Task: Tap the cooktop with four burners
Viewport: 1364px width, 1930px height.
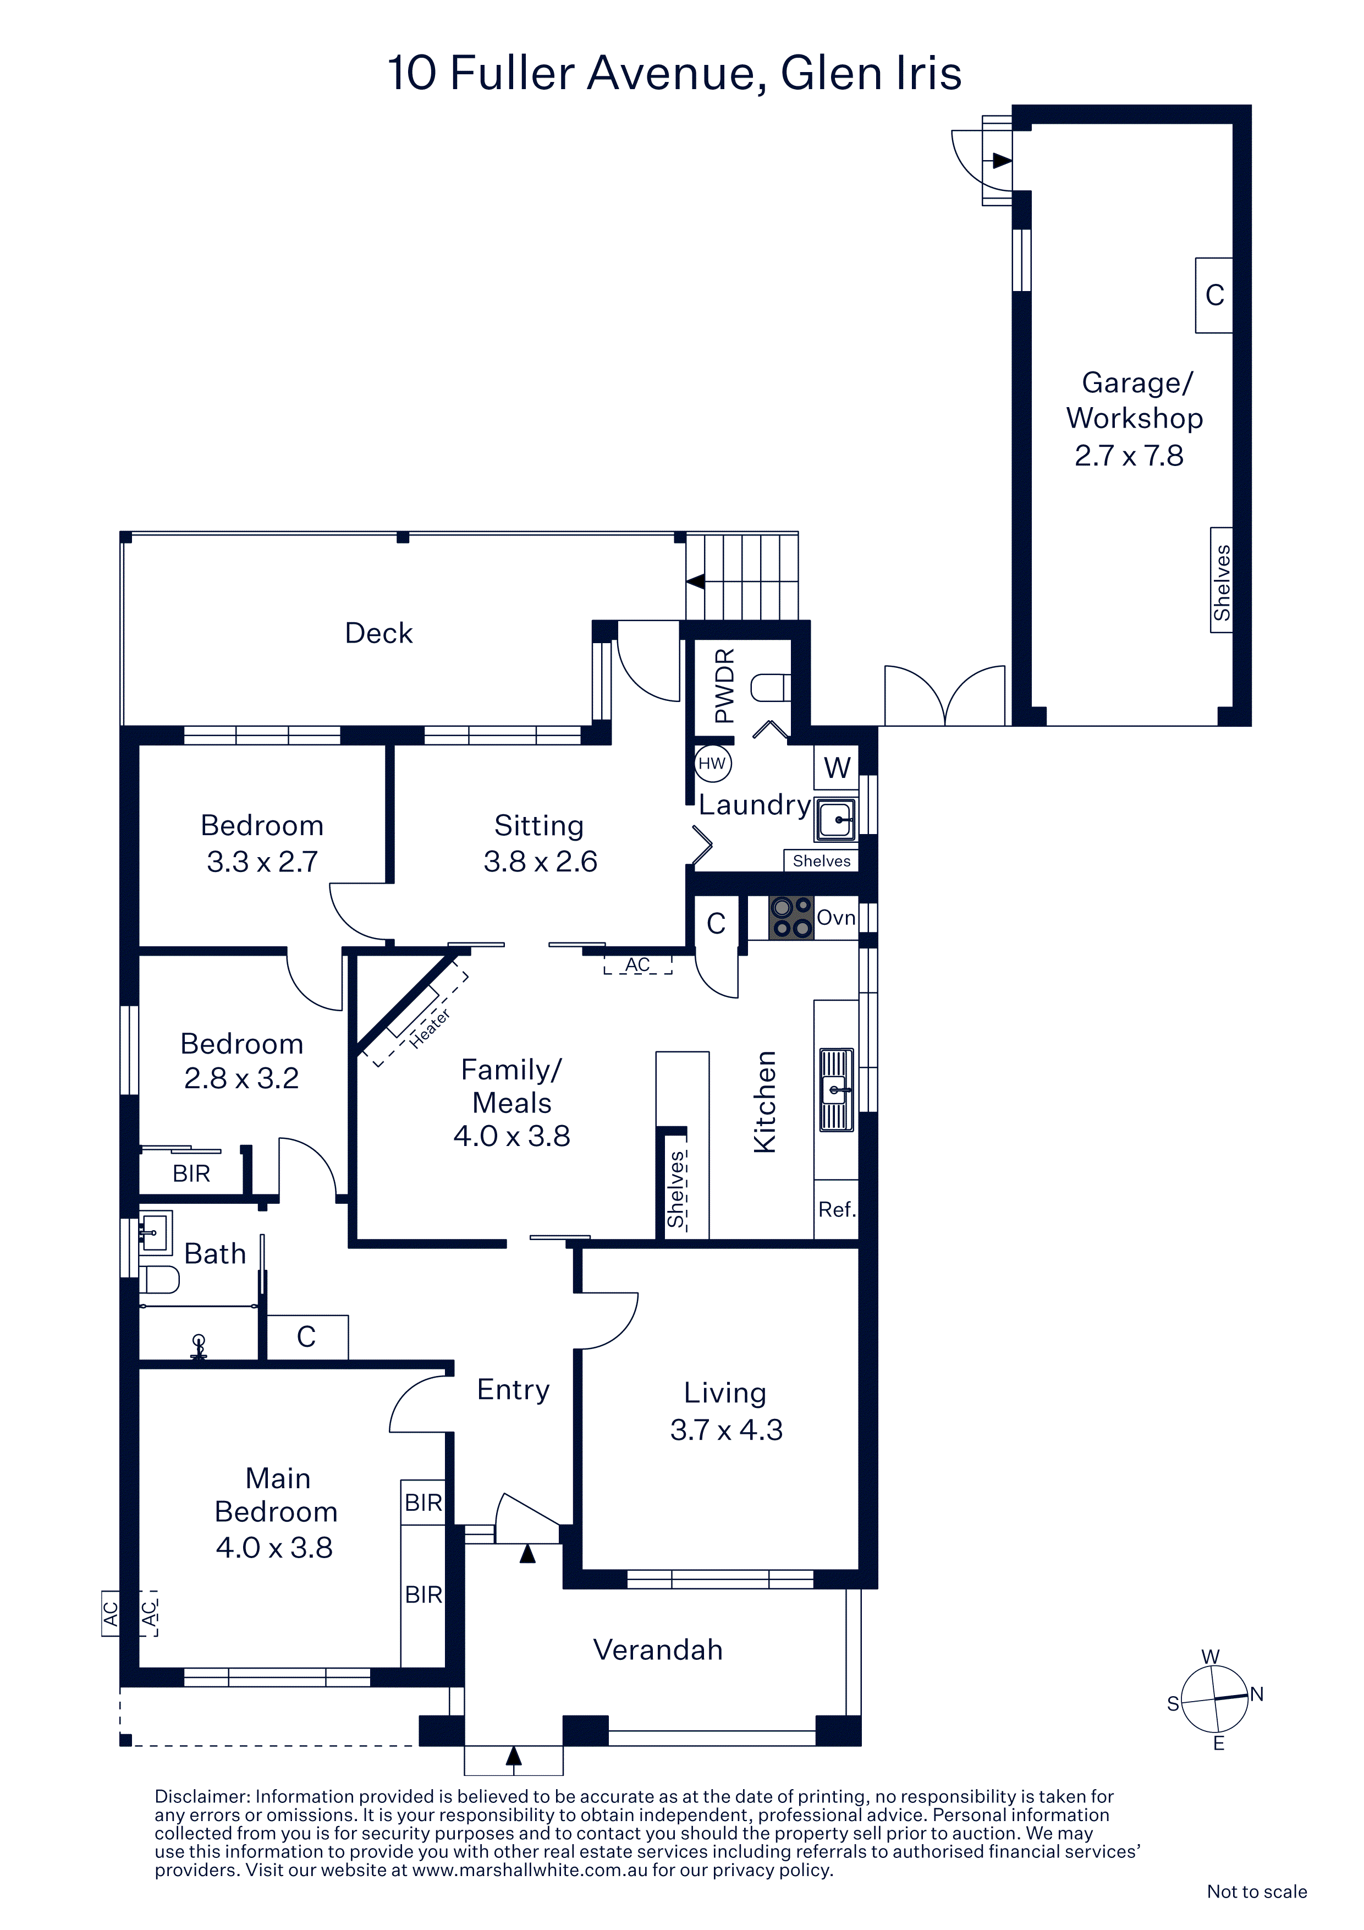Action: pos(791,918)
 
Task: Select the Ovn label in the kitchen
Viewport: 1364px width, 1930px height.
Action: pos(836,918)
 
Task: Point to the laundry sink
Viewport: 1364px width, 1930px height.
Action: pos(835,820)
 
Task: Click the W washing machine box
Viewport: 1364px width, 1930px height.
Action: pos(836,766)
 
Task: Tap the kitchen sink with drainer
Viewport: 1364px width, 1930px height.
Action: pos(835,1089)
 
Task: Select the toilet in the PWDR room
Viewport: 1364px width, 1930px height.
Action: pos(769,688)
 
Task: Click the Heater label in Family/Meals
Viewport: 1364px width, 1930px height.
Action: pos(430,1028)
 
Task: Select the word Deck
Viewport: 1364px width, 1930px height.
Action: pos(379,633)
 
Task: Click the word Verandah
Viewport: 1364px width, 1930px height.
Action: pos(658,1649)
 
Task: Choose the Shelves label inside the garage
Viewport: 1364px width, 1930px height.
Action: pos(1221,583)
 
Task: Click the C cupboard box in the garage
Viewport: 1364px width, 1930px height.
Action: pos(1214,295)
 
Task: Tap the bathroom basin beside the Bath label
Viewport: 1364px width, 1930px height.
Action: pos(155,1232)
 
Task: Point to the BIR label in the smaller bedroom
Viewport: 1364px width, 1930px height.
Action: pos(191,1174)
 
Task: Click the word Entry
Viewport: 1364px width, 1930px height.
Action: pos(514,1390)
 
